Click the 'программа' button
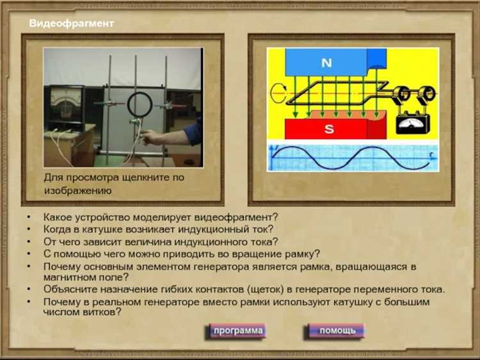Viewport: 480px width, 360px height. tap(238, 331)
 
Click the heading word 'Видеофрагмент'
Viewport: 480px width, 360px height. tap(71, 23)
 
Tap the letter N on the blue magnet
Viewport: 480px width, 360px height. tap(326, 63)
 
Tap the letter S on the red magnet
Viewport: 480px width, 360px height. tap(329, 129)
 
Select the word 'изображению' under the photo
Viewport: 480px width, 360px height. tap(77, 190)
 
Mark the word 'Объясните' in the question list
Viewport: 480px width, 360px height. tap(67, 289)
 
